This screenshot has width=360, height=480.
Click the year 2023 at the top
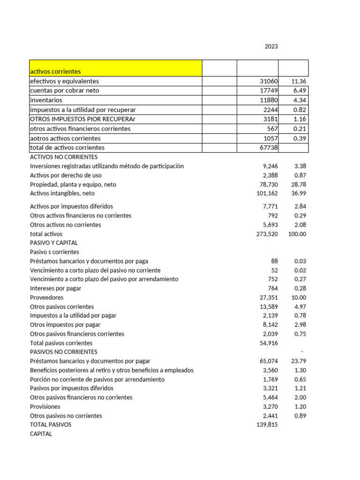click(x=271, y=46)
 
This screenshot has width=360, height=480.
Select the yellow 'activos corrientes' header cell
click(x=115, y=68)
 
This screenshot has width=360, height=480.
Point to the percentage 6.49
click(x=299, y=90)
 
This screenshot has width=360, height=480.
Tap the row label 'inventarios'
click(x=46, y=100)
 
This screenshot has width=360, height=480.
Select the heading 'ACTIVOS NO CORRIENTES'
click(x=63, y=157)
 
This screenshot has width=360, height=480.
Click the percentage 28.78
click(x=298, y=184)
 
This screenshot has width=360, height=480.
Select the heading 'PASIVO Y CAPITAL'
click(x=53, y=243)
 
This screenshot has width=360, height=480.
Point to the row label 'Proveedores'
click(x=46, y=297)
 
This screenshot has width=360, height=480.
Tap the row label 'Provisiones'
click(x=45, y=406)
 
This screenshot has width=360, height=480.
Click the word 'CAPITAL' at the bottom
click(x=41, y=434)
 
